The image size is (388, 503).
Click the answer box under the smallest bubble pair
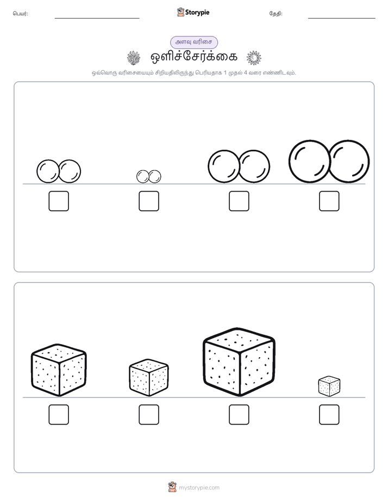coord(149,201)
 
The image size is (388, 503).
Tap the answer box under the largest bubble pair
coord(329,201)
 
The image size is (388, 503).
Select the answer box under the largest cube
coord(239,415)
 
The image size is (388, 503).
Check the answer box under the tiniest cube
coord(329,415)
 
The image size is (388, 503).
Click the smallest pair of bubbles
coord(149,176)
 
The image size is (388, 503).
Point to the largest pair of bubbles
coord(329,161)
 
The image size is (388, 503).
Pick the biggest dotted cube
coord(239,362)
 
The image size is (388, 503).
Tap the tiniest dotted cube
coord(329,387)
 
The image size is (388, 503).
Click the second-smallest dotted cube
coord(149,378)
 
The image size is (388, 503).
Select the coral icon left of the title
coord(134,58)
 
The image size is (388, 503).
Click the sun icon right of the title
coord(254,58)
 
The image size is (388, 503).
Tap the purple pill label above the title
coord(193,42)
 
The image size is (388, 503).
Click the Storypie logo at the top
coord(193,13)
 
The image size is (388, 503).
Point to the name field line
coord(97,19)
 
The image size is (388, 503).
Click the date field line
coord(342,19)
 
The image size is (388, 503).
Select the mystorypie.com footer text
coord(199,488)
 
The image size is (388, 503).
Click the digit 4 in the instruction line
coord(246,73)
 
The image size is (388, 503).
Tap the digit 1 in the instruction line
coord(225,73)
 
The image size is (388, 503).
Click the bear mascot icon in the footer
coord(172,487)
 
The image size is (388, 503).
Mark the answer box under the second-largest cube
coord(59,415)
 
